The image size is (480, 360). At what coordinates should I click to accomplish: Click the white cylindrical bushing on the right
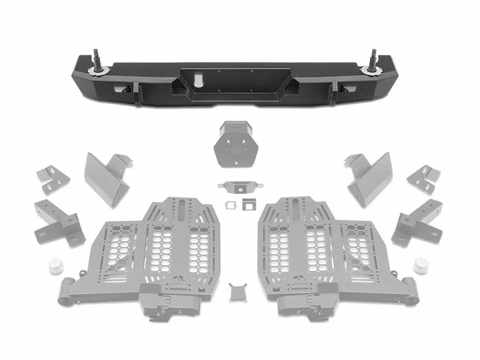[x=421, y=264]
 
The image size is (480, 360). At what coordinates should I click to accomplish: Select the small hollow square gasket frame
[x=229, y=205]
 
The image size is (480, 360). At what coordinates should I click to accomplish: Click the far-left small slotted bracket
[x=53, y=179]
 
